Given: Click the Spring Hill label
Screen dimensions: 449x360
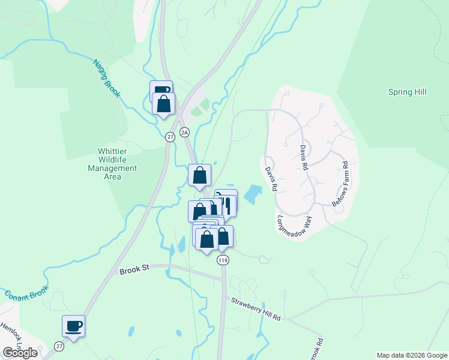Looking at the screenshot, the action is pos(407,92).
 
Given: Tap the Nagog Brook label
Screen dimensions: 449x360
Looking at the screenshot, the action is pos(107,79).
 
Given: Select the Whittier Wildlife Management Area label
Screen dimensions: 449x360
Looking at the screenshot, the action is pos(117,164).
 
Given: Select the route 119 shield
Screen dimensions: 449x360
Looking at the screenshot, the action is pos(224,260).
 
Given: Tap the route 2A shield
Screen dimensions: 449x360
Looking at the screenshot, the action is pos(185,131).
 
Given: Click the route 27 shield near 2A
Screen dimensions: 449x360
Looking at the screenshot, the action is pos(170,137).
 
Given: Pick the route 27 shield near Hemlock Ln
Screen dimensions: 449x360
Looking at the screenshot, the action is pos(59,346).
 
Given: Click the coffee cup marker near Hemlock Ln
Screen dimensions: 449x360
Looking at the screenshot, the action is pos(74,326).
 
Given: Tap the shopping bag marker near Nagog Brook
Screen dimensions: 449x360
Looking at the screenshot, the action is pos(163,104).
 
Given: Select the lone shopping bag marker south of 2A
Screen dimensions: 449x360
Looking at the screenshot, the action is pos(199,175).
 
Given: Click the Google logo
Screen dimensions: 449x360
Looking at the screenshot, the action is pos(20,353).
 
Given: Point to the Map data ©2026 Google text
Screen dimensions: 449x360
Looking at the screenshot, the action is pos(411,355).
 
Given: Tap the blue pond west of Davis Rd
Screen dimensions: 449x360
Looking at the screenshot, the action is pos(253,194).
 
